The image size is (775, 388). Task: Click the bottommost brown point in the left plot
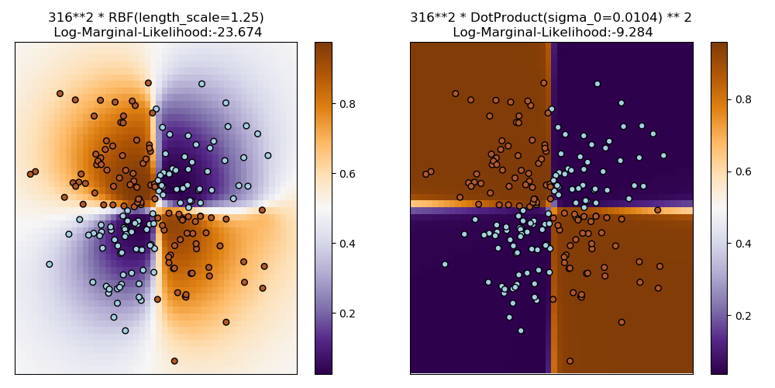[x=174, y=361]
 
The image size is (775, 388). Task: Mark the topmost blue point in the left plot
[x=201, y=84]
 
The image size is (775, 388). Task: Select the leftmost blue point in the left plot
[x=50, y=264]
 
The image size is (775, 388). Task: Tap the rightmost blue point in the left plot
[x=267, y=155]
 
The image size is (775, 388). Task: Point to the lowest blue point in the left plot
[x=126, y=330]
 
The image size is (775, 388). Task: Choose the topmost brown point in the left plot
[x=148, y=82]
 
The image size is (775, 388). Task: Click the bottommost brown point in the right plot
[x=570, y=361]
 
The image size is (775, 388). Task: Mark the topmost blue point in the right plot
[x=597, y=84]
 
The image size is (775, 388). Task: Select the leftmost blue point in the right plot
[x=445, y=264]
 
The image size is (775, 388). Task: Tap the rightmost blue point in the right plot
[x=663, y=155]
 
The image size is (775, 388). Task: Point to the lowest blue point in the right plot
[x=521, y=330]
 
